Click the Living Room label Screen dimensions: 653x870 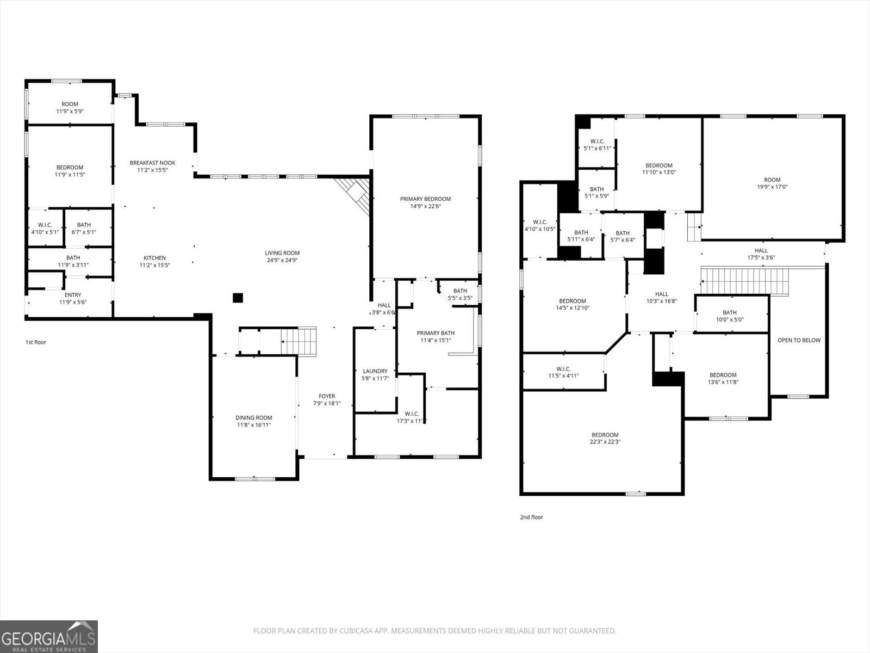click(282, 253)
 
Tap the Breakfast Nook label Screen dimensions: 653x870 click(152, 163)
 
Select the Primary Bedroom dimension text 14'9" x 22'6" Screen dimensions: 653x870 click(425, 206)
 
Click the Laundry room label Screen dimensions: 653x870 click(375, 371)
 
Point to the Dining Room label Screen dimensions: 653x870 click(254, 418)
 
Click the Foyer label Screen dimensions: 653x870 click(327, 396)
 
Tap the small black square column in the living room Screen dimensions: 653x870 click(238, 298)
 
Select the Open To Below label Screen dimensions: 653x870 click(799, 340)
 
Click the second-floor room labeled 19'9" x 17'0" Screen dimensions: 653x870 click(772, 183)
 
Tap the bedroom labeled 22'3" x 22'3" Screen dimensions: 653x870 click(605, 438)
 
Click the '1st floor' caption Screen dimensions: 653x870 click(36, 342)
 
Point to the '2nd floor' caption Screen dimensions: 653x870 click(531, 518)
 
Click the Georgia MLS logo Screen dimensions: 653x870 click(49, 636)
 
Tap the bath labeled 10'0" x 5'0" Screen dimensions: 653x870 click(729, 316)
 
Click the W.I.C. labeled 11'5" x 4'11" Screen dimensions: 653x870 click(563, 372)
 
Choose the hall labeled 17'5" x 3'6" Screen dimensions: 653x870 click(761, 254)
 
